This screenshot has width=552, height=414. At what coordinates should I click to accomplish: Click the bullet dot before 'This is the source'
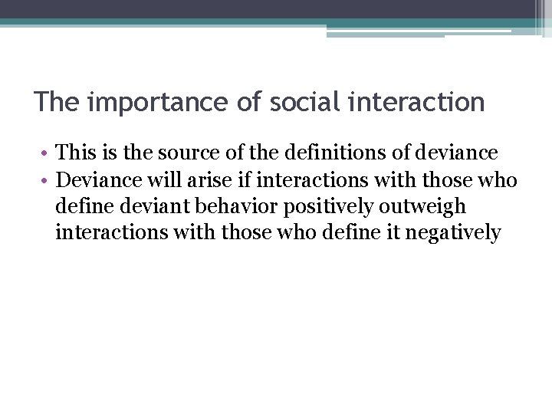46,153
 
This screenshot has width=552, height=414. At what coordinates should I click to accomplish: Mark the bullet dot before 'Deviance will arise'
46,180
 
